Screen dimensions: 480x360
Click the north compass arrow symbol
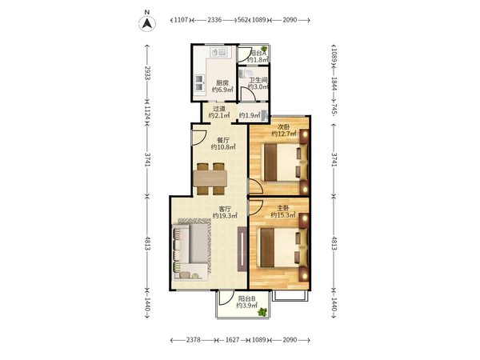[x=147, y=23]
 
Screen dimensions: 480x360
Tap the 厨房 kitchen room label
[x=222, y=83]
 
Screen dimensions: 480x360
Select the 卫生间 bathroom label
[x=258, y=80]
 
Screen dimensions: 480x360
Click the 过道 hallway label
[x=219, y=109]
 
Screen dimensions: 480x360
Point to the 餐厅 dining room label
[x=223, y=140]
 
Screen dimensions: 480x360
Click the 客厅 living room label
[x=225, y=209]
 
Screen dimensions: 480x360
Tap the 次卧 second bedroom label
[x=283, y=126]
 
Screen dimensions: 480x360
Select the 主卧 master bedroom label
[x=283, y=208]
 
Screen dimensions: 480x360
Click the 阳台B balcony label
[x=246, y=298]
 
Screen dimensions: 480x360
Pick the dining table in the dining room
[x=210, y=178]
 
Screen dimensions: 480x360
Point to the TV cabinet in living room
[x=242, y=249]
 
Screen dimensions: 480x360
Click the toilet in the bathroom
[x=246, y=73]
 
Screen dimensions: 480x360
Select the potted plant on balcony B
[x=262, y=312]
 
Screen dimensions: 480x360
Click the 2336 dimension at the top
[x=214, y=20]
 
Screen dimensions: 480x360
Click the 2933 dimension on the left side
[x=147, y=73]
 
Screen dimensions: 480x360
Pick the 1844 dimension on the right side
[x=334, y=84]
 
